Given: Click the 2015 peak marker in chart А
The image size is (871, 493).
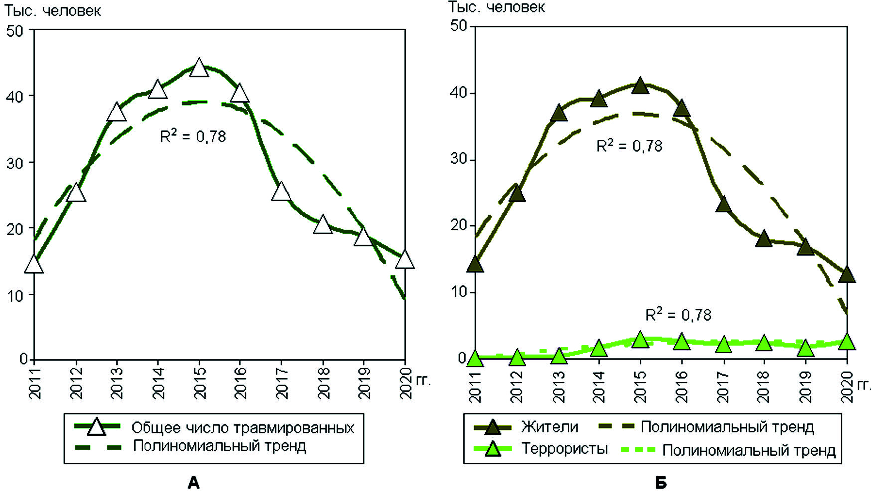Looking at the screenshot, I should [x=199, y=67].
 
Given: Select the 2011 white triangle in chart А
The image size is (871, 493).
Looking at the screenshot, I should [x=34, y=264].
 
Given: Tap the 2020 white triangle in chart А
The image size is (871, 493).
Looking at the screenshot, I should [x=405, y=260].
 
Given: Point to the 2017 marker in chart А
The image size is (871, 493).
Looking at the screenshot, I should [x=281, y=191].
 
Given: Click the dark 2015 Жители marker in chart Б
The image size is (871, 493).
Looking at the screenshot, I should [x=640, y=86].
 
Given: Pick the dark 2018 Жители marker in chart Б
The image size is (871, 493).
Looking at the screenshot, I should [x=764, y=239].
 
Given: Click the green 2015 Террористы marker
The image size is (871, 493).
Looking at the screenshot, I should [x=640, y=341].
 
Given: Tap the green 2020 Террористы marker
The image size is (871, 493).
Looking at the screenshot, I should [x=846, y=342].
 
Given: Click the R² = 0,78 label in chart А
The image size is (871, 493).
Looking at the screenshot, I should [x=193, y=136].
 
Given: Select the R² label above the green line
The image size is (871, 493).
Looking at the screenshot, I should [x=678, y=314].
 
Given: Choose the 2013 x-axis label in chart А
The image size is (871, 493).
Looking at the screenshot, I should [x=117, y=384].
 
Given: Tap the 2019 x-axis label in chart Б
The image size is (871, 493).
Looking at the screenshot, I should [x=806, y=386].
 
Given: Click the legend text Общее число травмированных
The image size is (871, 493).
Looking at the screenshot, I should [x=243, y=428].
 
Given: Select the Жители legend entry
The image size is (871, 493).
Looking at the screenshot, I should [x=550, y=427].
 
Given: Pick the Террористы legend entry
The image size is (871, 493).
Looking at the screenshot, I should [x=565, y=449].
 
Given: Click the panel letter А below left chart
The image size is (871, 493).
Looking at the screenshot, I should [x=193, y=482].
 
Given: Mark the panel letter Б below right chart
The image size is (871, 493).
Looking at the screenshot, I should [x=661, y=482].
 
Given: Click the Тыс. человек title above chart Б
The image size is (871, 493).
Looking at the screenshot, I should [x=497, y=7].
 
